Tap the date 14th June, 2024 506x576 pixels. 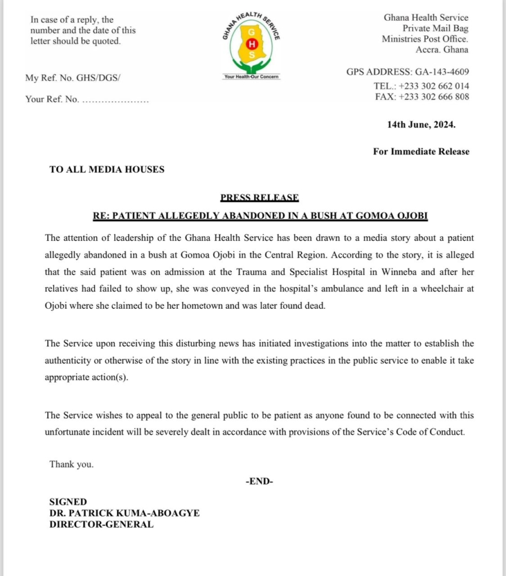(421, 125)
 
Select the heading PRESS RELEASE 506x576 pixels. (259, 197)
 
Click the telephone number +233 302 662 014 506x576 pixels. (433, 86)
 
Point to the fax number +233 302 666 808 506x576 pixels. (433, 97)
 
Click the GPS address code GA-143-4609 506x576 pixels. (442, 72)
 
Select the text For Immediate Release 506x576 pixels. (421, 151)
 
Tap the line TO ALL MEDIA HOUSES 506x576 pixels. (107, 169)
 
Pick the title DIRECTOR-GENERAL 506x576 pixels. (101, 524)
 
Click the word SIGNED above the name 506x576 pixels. (68, 502)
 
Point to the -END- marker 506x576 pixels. (259, 481)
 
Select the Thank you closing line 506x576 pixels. (71, 464)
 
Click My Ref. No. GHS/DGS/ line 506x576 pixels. (73, 78)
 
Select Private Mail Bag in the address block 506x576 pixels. (435, 28)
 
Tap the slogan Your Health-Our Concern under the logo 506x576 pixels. (252, 76)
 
